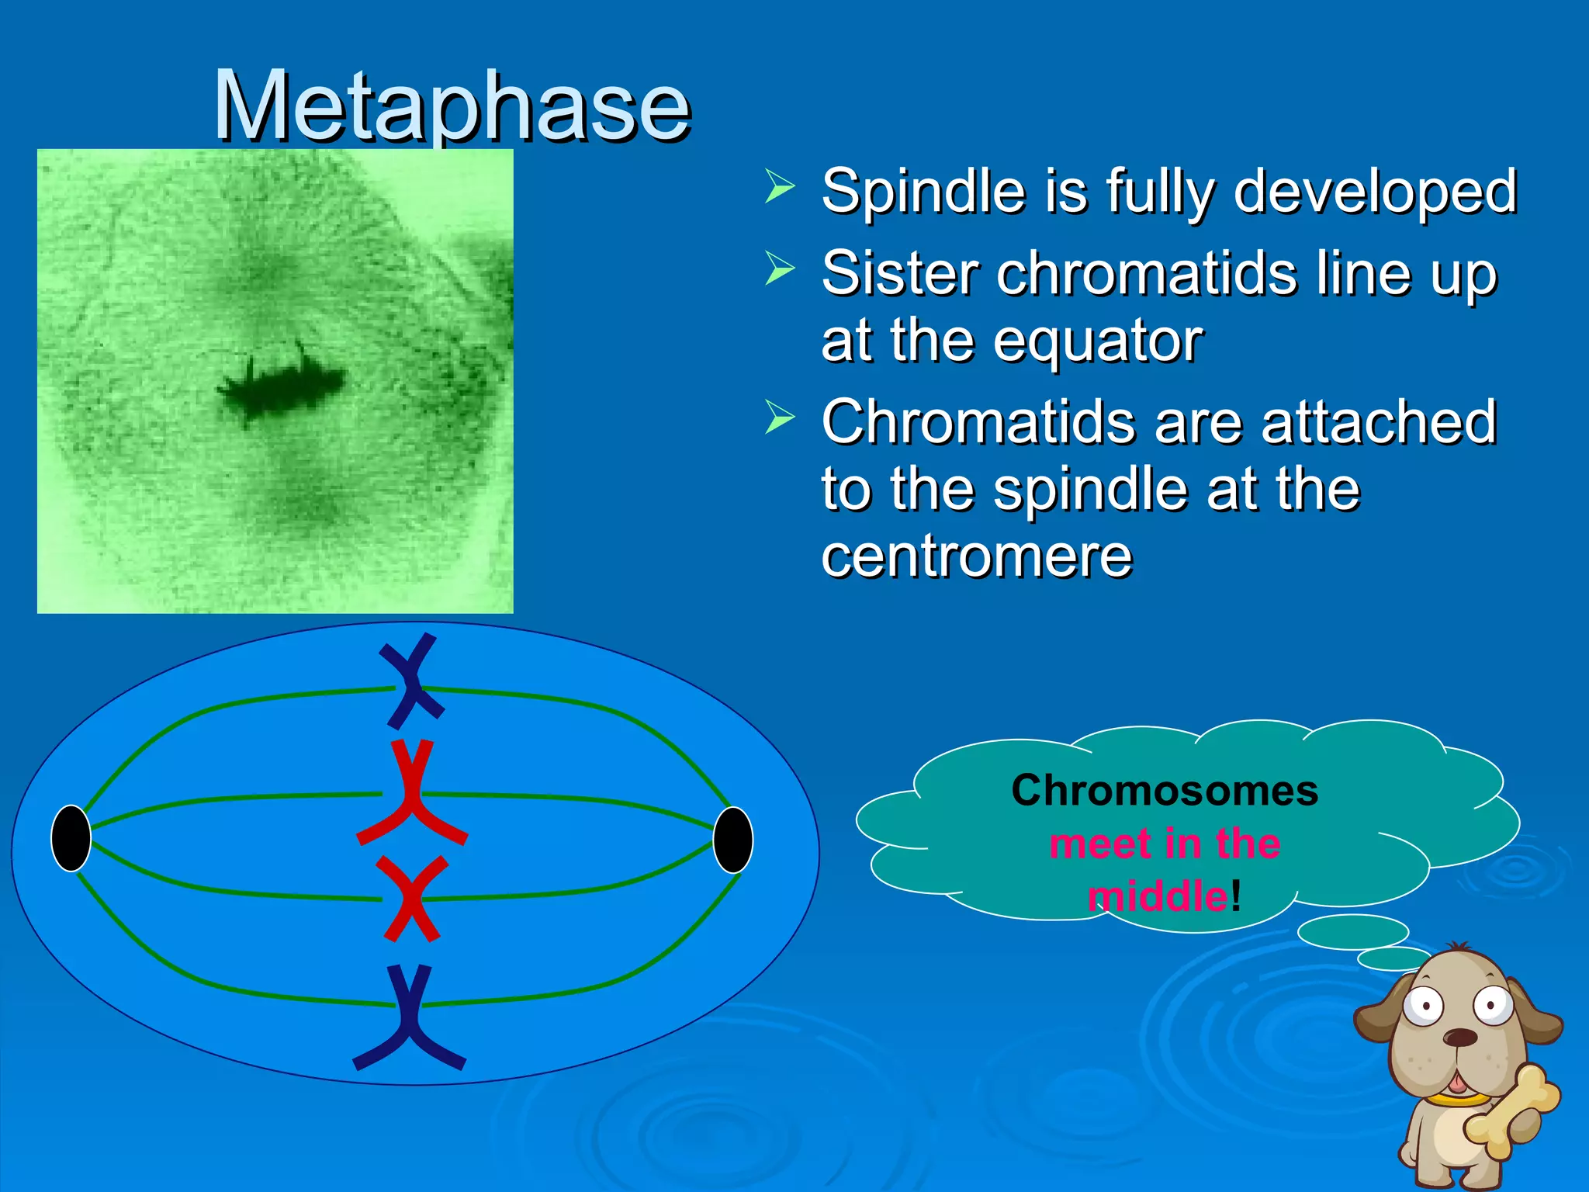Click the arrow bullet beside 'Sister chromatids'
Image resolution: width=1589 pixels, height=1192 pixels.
779,269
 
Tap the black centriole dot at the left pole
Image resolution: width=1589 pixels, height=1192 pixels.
71,838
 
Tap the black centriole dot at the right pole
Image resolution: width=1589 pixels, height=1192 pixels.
732,840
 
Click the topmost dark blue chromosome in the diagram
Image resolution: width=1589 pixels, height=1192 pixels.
412,681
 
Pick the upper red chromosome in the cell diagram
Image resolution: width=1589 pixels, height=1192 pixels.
410,795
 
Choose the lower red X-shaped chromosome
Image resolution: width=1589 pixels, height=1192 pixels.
412,899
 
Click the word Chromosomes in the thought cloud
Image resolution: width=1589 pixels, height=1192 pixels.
1165,791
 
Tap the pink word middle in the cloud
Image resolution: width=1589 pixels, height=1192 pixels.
1158,896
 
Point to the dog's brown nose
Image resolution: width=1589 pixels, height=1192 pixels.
1459,1038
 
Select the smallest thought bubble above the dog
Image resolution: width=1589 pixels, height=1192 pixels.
1393,958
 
